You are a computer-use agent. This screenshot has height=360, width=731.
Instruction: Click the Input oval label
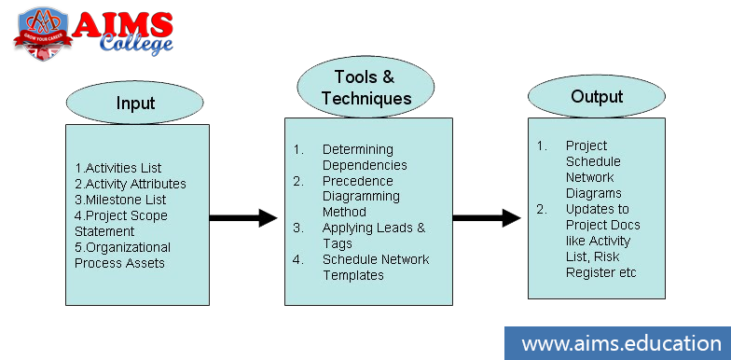135,102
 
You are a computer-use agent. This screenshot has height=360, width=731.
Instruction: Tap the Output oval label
596,96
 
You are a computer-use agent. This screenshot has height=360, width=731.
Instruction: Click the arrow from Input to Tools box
243,218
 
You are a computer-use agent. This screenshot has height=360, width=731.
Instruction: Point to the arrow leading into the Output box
487,218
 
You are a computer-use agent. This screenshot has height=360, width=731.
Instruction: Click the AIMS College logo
92,33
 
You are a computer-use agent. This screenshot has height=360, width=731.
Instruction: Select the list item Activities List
118,168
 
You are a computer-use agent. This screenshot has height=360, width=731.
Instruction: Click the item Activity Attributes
131,184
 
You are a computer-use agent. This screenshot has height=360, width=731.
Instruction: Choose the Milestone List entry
121,200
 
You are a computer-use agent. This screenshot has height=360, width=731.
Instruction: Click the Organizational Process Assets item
122,255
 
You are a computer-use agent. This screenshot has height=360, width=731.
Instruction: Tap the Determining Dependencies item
358,158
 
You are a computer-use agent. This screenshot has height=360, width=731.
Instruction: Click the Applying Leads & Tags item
373,235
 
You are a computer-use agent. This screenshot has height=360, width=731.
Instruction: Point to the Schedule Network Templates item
376,267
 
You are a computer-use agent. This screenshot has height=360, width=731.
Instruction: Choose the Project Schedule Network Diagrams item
593,169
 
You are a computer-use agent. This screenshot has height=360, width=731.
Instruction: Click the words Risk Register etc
601,272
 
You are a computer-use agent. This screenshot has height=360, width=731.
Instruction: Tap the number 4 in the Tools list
298,259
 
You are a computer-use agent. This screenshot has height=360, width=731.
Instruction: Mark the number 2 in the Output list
541,209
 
